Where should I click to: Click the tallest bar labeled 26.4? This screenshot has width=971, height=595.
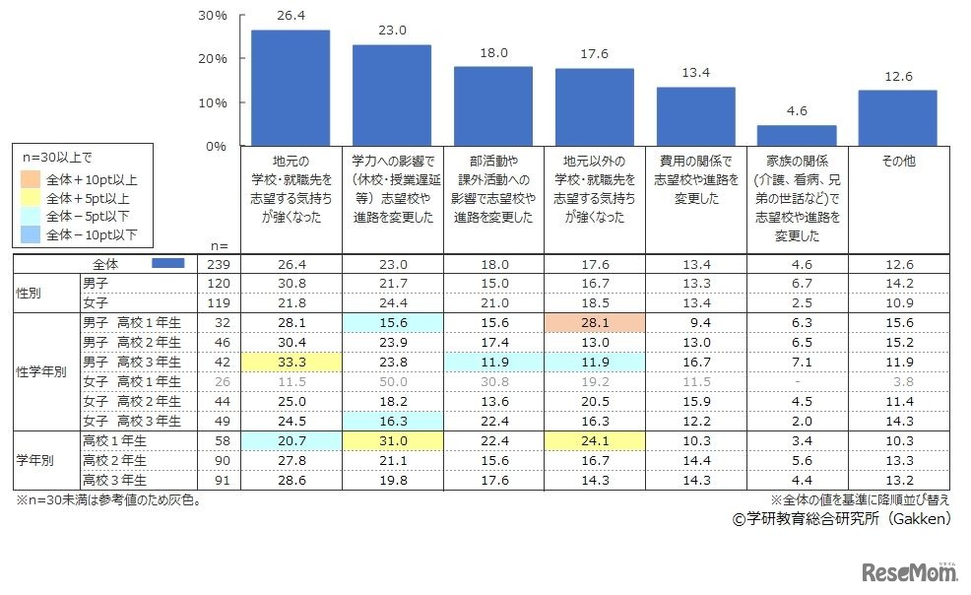pyautogui.click(x=291, y=88)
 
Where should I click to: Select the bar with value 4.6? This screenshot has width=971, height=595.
pyautogui.click(x=797, y=135)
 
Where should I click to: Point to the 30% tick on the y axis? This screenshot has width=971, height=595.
pyautogui.click(x=213, y=17)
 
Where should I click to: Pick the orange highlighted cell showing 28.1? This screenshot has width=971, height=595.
pyautogui.click(x=595, y=322)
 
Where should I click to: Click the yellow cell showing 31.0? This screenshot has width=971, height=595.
pyautogui.click(x=392, y=440)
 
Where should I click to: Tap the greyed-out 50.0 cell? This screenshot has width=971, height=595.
pyautogui.click(x=392, y=381)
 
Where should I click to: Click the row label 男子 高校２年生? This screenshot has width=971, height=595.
pyautogui.click(x=131, y=342)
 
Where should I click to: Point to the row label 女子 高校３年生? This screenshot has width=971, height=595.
pyautogui.click(x=131, y=421)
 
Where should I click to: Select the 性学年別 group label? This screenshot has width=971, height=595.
pyautogui.click(x=41, y=371)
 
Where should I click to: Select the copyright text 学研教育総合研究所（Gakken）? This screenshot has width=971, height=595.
pyautogui.click(x=840, y=517)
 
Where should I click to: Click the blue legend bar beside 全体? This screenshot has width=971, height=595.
pyautogui.click(x=169, y=264)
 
